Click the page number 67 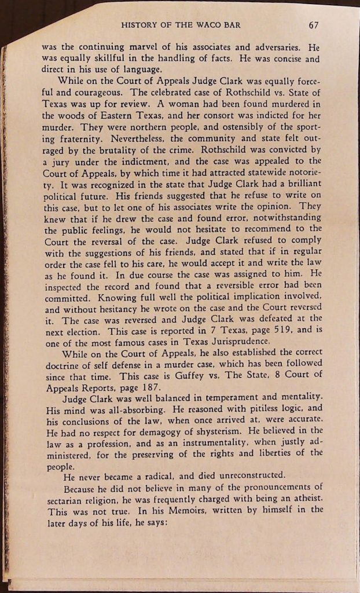click(x=314, y=25)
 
